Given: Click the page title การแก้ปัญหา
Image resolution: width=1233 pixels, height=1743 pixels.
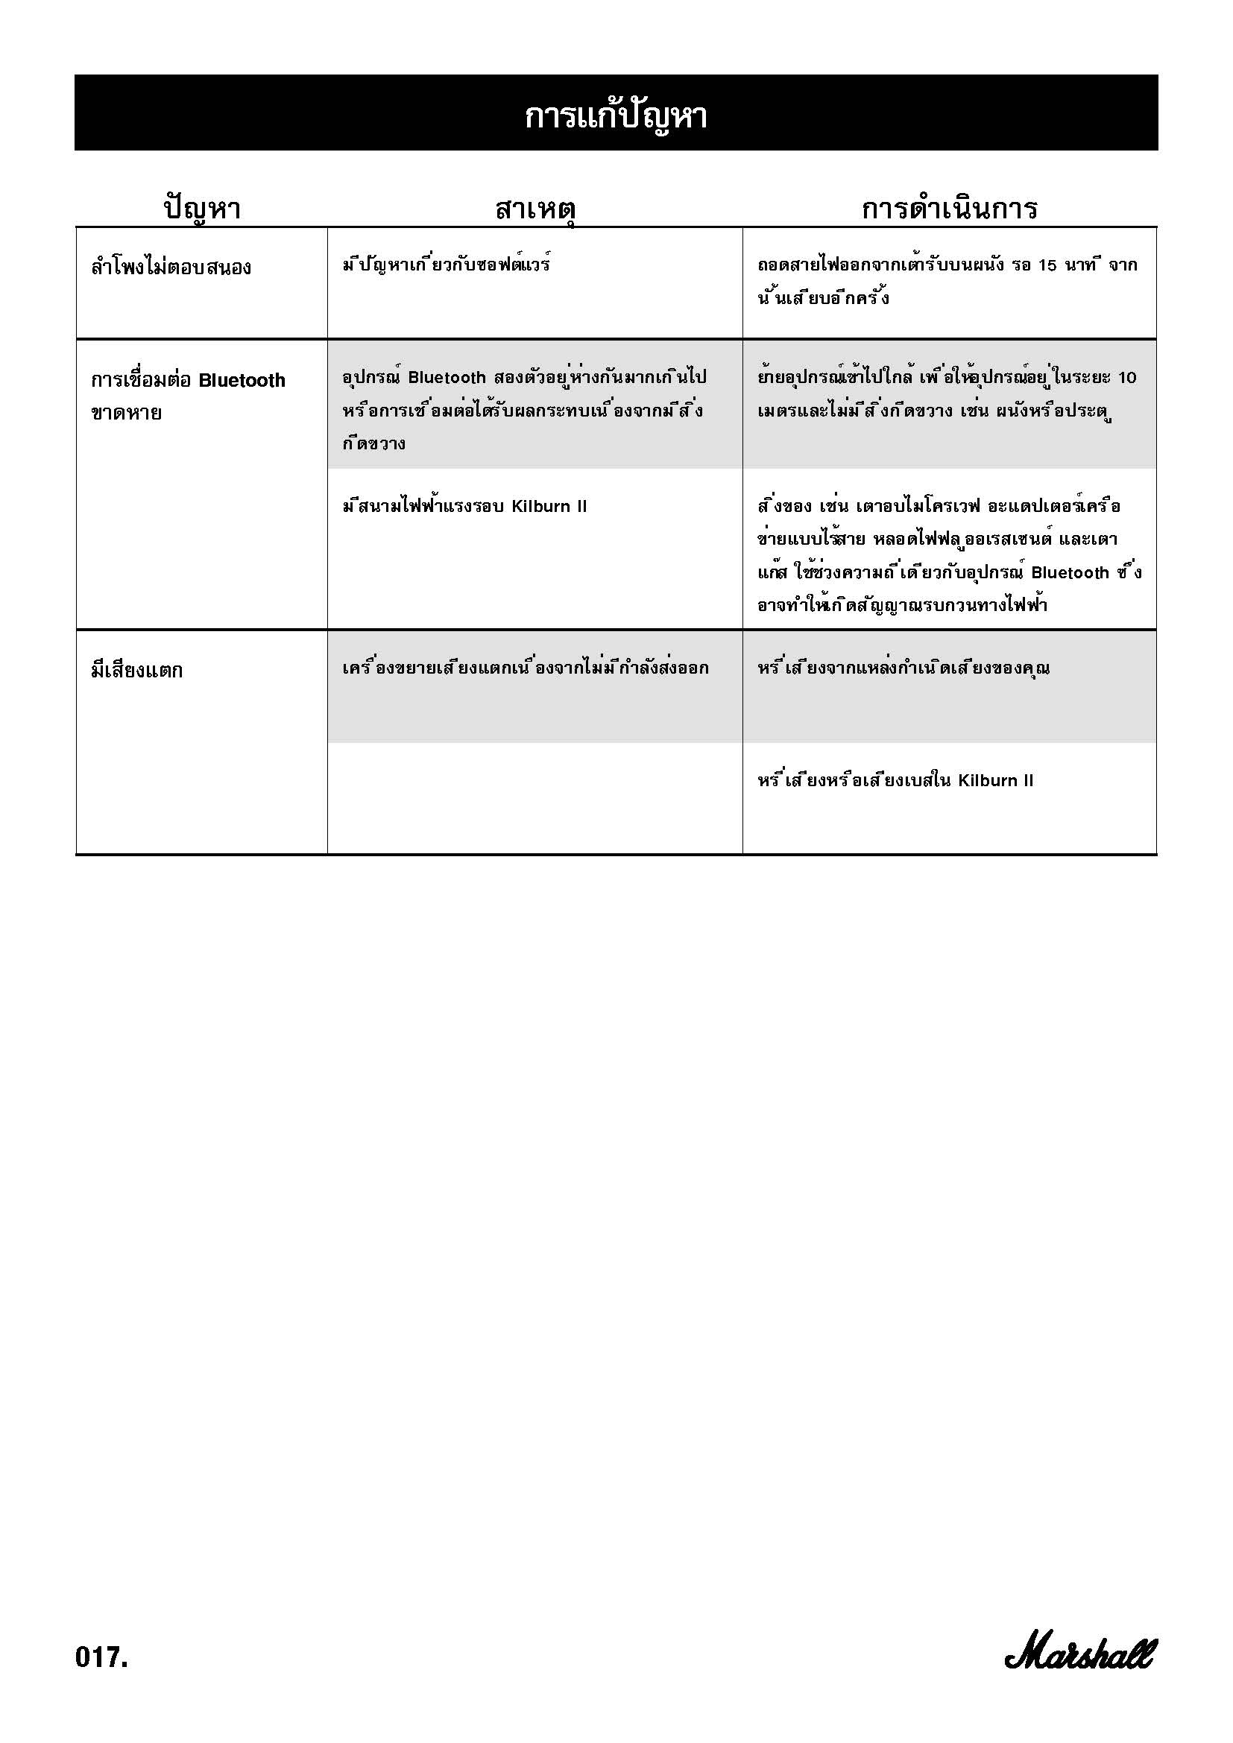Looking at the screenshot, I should click(616, 116).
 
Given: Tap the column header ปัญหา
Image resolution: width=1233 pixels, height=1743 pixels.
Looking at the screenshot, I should click(202, 208).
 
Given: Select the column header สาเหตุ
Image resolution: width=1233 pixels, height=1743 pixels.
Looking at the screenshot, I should click(534, 208).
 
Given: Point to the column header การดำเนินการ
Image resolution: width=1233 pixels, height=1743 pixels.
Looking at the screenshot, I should click(949, 208).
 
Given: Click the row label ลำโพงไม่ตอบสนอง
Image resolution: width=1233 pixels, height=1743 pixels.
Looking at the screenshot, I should click(171, 268).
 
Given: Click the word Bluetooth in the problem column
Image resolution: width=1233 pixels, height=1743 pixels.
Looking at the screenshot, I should click(242, 380).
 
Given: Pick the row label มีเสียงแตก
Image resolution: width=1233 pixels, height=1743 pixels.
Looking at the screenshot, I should click(136, 671).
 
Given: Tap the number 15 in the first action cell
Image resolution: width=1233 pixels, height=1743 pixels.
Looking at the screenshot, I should click(1047, 266).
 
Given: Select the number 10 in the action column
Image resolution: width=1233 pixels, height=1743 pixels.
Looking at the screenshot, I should click(1126, 377).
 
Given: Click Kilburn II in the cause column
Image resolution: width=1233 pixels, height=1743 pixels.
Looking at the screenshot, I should click(549, 506).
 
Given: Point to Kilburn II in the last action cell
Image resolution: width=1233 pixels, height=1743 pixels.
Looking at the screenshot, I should click(995, 780).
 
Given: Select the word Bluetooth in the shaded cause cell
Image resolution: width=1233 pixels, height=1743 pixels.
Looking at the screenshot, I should click(447, 377).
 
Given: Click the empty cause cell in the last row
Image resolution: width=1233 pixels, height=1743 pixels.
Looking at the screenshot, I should click(534, 798).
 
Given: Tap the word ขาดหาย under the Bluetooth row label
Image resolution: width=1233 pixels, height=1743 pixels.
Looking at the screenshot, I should click(126, 414).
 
